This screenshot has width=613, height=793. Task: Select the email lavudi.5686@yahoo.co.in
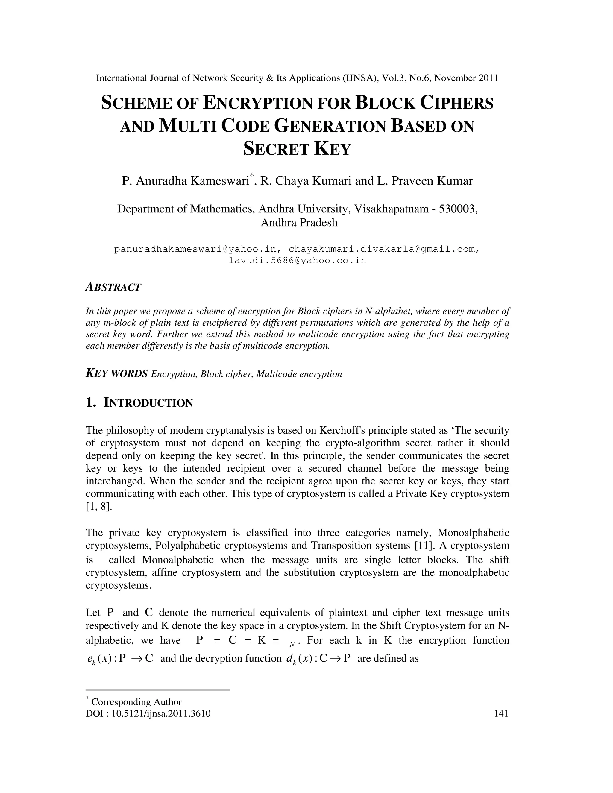point(297,260)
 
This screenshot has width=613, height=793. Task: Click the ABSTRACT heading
point(113,287)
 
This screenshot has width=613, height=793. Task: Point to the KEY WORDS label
point(116,374)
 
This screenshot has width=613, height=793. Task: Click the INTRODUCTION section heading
point(148,403)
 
